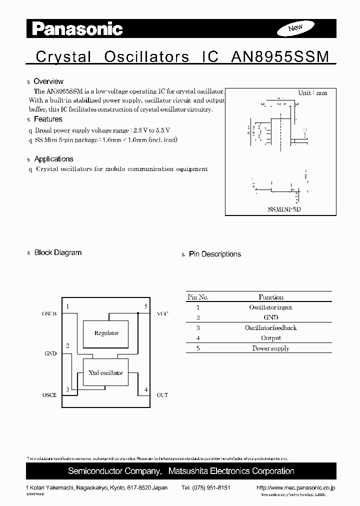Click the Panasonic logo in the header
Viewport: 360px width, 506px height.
(x=77, y=28)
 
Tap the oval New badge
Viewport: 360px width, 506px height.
(x=295, y=28)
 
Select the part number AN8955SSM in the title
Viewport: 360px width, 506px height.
(x=280, y=56)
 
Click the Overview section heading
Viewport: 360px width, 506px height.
(x=48, y=81)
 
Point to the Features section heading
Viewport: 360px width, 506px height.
(x=48, y=119)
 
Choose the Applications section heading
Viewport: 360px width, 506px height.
(x=53, y=159)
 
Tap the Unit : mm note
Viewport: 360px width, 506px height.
(x=312, y=93)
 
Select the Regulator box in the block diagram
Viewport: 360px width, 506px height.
(x=106, y=333)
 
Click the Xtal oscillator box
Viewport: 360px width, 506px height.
(x=105, y=373)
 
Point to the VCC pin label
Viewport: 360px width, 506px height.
(x=162, y=313)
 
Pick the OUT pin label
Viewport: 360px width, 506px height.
(x=162, y=395)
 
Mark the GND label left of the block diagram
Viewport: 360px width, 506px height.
(x=50, y=353)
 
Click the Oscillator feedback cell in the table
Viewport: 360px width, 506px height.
(x=270, y=327)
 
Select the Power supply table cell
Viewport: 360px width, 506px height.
(x=270, y=348)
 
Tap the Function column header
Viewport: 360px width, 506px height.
(x=271, y=297)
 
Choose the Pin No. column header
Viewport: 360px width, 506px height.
(x=198, y=297)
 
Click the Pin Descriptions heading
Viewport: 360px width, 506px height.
(x=214, y=254)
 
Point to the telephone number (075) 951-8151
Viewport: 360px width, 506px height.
(x=205, y=488)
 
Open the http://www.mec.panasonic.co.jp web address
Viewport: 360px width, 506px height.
(x=295, y=488)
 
